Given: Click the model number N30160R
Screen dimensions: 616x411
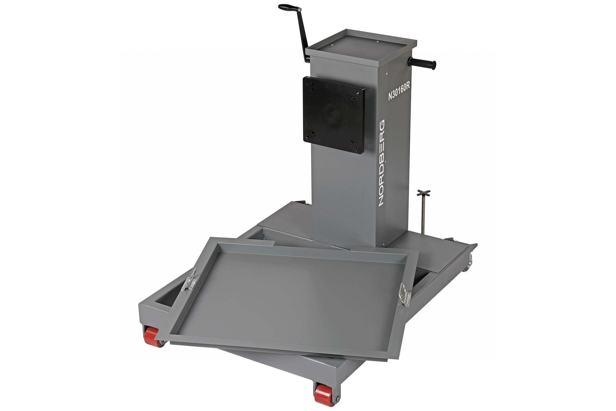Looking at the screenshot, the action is [399, 92].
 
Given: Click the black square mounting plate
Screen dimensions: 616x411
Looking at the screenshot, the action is [334, 115].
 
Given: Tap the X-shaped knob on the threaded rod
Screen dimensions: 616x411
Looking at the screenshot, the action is [423, 194].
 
